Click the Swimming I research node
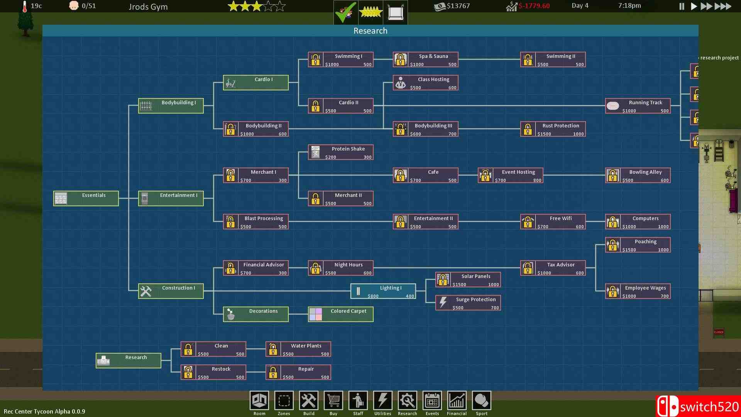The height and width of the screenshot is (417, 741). pyautogui.click(x=340, y=59)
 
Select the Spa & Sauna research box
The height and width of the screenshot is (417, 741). pyautogui.click(x=425, y=59)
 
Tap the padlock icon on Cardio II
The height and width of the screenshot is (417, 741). pyautogui.click(x=315, y=106)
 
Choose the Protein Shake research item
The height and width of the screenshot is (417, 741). pyautogui.click(x=340, y=152)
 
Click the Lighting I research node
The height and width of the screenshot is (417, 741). pyautogui.click(x=383, y=291)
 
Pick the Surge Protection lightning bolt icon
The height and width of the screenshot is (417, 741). pyautogui.click(x=443, y=302)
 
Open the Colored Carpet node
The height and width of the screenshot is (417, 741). pyautogui.click(x=340, y=314)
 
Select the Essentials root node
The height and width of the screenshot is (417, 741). pyautogui.click(x=86, y=198)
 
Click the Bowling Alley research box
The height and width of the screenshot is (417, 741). pyautogui.click(x=638, y=175)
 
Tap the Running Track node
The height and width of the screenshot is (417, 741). pyautogui.click(x=638, y=106)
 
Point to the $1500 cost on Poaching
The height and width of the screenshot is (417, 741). pyautogui.click(x=629, y=250)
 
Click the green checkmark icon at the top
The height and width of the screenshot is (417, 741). pyautogui.click(x=345, y=12)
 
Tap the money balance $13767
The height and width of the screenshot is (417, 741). pyautogui.click(x=458, y=6)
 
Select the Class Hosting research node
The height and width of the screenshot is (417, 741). pyautogui.click(x=425, y=83)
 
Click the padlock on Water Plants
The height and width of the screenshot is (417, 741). pyautogui.click(x=273, y=349)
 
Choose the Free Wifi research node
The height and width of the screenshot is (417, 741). pyautogui.click(x=553, y=222)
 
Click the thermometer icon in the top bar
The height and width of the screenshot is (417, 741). pyautogui.click(x=25, y=6)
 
